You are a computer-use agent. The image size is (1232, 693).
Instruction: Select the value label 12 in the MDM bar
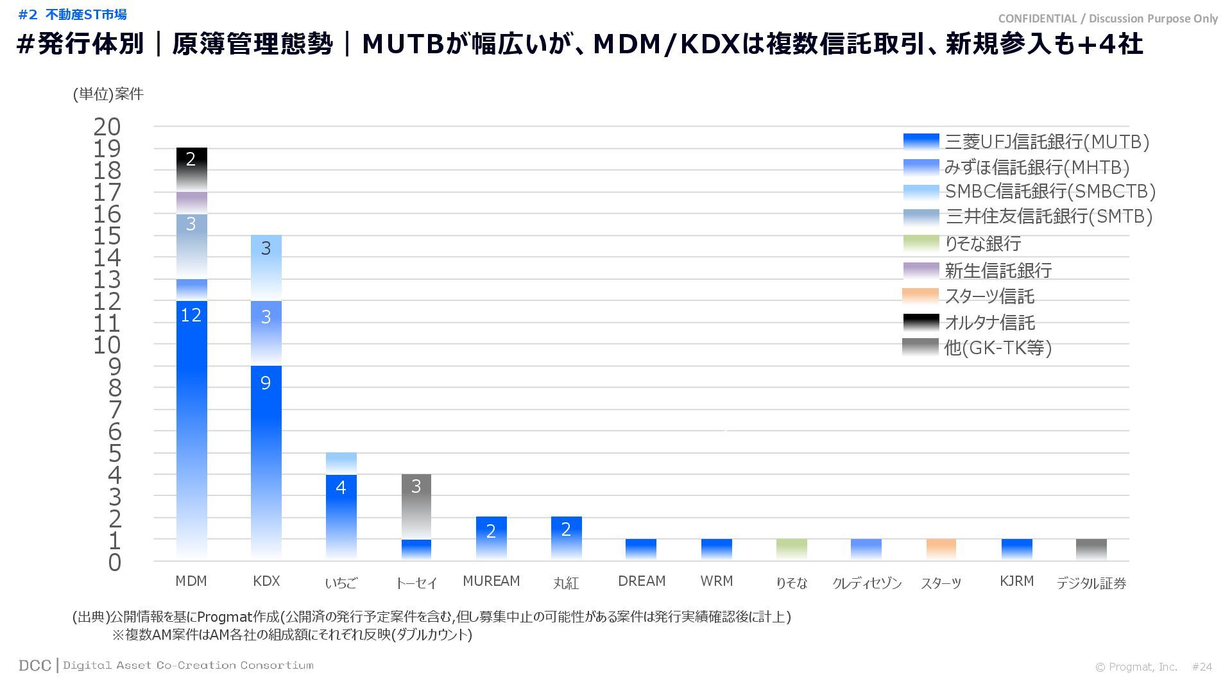(191, 315)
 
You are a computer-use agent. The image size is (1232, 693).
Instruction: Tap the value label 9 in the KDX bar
(266, 383)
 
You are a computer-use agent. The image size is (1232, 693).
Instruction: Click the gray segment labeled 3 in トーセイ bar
(416, 505)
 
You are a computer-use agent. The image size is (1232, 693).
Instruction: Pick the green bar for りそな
(791, 549)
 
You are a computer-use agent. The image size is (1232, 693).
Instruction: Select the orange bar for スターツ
(941, 549)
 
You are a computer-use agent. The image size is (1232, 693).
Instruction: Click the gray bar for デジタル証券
(1091, 549)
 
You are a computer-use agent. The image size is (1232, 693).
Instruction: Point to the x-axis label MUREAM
(491, 581)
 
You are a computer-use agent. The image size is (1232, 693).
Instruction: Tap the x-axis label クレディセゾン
(866, 583)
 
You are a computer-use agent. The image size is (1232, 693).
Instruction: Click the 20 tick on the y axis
(107, 127)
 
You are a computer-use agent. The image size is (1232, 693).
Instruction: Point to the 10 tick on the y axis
(107, 345)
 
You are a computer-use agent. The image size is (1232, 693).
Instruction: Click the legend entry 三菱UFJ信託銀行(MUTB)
(1047, 142)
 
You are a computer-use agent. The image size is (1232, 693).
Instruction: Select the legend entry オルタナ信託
(989, 323)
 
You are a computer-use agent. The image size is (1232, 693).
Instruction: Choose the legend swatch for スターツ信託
(920, 296)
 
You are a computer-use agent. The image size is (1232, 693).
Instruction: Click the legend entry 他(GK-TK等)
(998, 348)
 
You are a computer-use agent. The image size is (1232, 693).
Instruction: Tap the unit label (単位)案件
(108, 94)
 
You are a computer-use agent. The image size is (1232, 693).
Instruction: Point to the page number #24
(1202, 667)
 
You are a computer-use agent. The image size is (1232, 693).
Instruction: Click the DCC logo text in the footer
(35, 665)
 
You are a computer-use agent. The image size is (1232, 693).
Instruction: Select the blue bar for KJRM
(1016, 549)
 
